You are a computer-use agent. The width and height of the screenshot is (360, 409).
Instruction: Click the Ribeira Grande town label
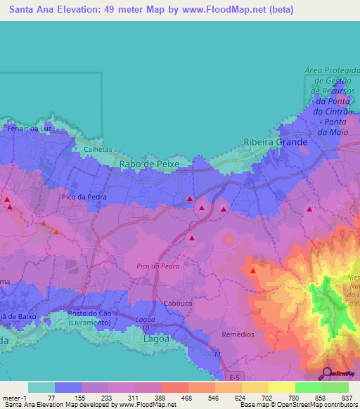click(275, 142)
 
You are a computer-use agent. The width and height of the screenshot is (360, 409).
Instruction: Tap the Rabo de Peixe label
click(150, 163)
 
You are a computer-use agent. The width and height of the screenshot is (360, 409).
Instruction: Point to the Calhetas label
click(98, 149)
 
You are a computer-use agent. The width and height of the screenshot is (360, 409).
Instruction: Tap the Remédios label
click(238, 334)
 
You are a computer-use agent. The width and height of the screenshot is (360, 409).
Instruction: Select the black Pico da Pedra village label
click(84, 197)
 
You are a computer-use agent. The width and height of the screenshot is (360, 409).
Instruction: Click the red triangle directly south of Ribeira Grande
click(309, 209)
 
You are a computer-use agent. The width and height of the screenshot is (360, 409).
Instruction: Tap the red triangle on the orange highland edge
click(253, 271)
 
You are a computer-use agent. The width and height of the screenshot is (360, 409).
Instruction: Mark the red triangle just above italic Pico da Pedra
click(192, 238)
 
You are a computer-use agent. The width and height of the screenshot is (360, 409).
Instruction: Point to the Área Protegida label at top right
click(333, 71)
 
